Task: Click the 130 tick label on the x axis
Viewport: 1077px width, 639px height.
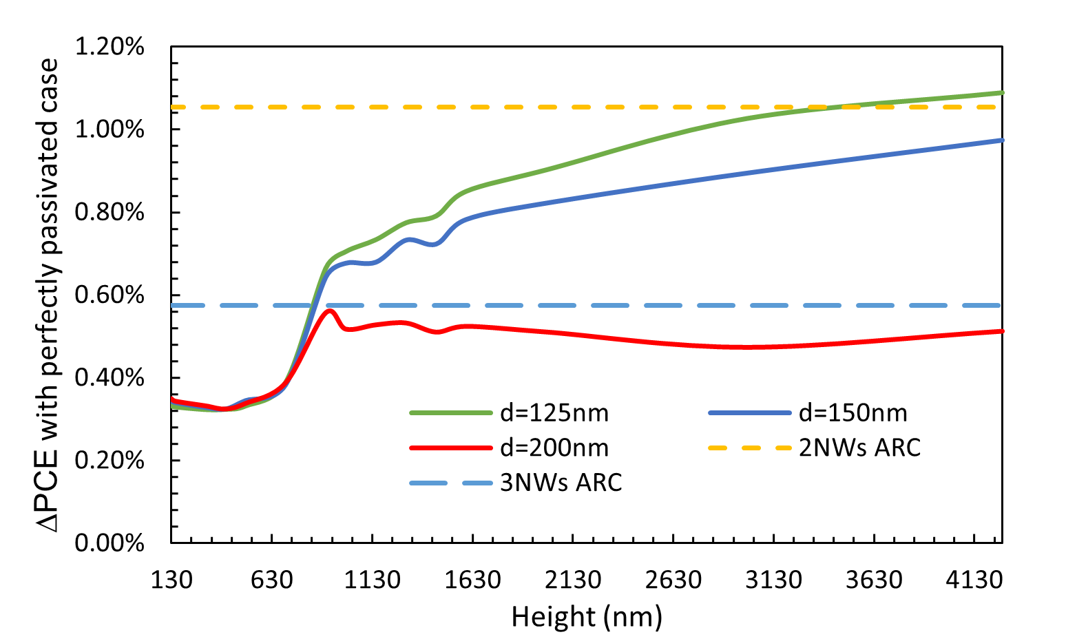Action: click(171, 580)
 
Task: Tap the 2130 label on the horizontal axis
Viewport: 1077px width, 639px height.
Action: click(573, 580)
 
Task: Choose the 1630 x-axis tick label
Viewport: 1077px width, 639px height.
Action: click(472, 580)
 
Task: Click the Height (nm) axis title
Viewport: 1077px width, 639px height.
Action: click(587, 616)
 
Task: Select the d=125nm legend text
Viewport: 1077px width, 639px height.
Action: click(554, 412)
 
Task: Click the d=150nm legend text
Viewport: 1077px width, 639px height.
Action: click(853, 412)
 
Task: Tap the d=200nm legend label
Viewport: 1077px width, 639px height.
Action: click(554, 448)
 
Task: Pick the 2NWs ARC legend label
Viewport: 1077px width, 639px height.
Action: click(859, 448)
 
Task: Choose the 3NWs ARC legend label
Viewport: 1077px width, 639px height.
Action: click(561, 483)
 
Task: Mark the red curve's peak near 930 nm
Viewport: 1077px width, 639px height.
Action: click(331, 311)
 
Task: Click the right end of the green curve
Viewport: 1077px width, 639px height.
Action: click(1002, 92)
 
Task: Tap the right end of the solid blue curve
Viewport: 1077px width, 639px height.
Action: click(1002, 140)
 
